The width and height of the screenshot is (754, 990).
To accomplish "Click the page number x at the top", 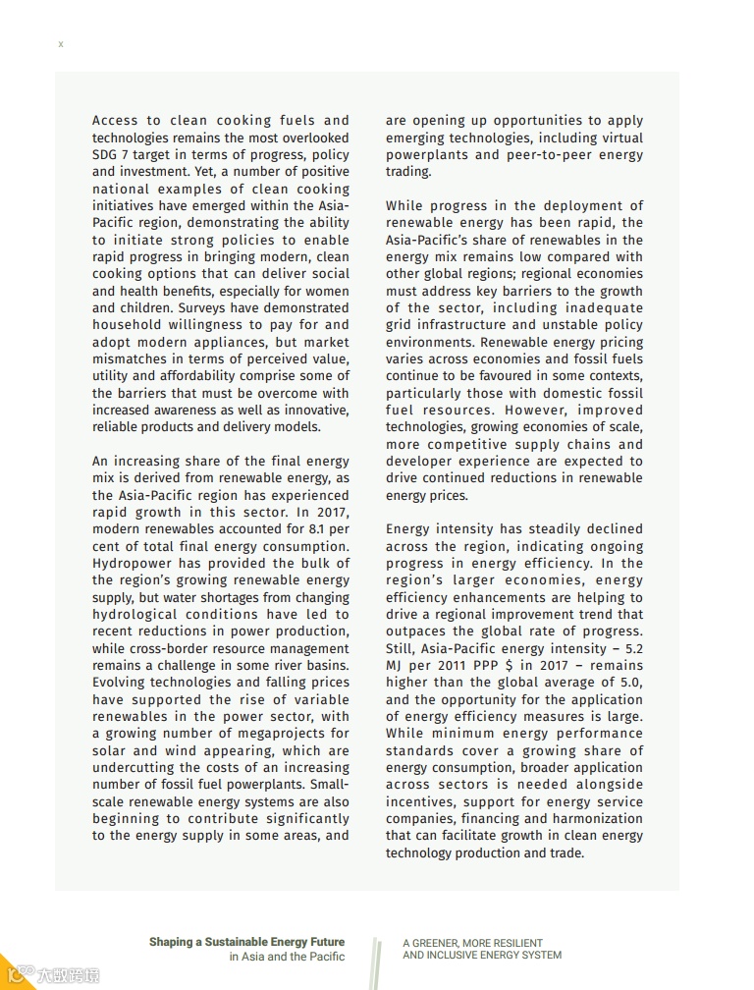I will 61,44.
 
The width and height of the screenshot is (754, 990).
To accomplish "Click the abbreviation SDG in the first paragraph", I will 106,155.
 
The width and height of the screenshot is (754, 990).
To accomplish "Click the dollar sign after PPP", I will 510,666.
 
